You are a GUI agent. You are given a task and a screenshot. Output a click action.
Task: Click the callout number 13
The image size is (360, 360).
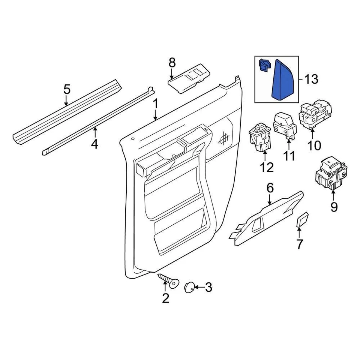[x=311, y=79]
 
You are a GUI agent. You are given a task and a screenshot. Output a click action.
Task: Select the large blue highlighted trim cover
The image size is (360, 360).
[x=283, y=80]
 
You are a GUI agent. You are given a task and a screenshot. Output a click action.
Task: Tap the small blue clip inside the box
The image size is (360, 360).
[x=264, y=66]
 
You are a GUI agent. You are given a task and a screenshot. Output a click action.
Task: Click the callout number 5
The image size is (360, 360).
[x=66, y=89]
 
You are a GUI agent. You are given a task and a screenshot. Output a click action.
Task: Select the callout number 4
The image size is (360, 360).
[x=94, y=143]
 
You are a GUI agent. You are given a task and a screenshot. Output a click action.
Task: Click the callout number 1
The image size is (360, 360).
[x=155, y=103]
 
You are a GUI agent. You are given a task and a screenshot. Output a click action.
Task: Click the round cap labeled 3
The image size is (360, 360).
[x=189, y=287]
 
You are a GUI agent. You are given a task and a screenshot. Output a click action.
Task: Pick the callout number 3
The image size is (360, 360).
[x=208, y=288]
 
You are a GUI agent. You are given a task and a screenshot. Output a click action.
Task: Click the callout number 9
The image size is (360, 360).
[x=334, y=207]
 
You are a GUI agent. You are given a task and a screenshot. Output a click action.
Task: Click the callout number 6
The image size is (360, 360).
[x=270, y=187]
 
